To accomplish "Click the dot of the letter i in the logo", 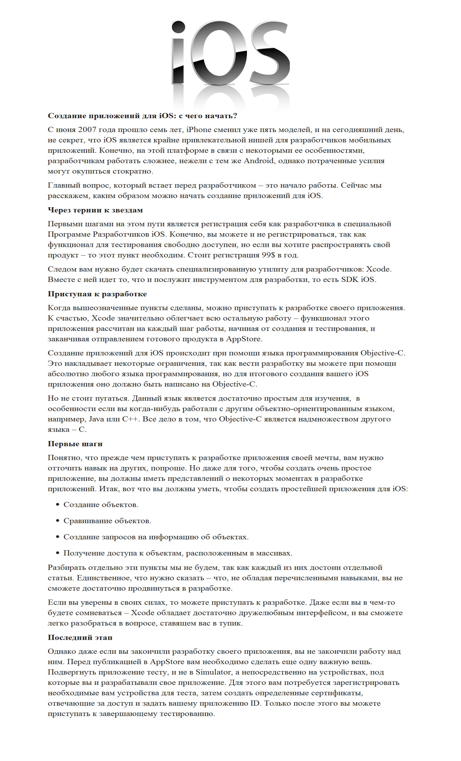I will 178,27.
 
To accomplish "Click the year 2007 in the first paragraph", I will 88,130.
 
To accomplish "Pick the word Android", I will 259,161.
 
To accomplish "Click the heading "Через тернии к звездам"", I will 95,210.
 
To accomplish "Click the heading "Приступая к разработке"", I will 97,294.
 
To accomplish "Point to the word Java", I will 96,419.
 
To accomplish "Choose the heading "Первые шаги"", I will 75,444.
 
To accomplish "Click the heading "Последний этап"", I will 80,637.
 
